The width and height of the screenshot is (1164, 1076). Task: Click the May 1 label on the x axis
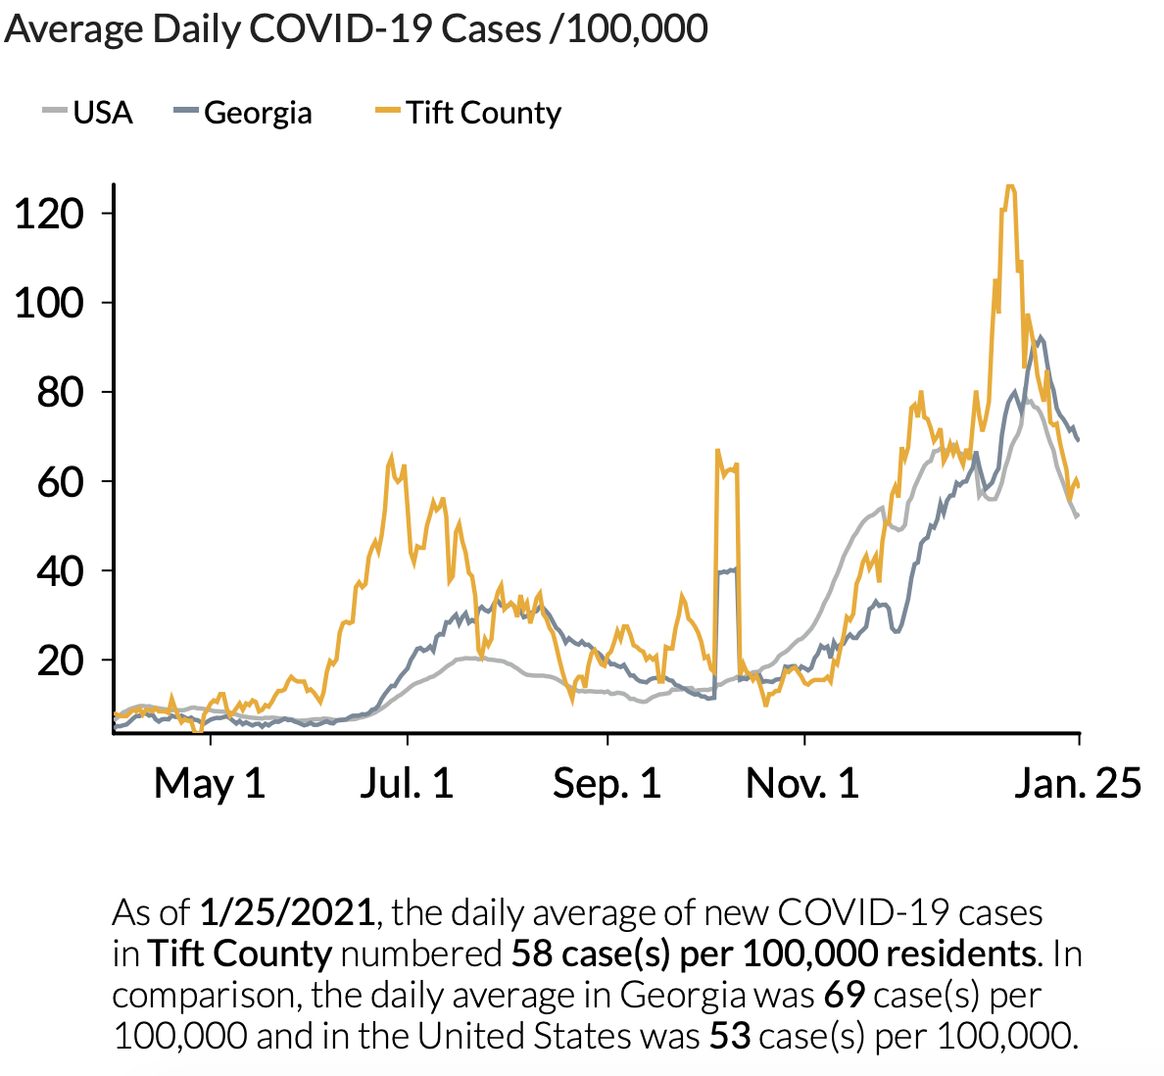coord(210,783)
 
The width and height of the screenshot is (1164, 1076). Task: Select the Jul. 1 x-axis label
coord(407,783)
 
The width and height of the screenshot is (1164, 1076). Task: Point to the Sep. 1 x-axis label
coord(606,783)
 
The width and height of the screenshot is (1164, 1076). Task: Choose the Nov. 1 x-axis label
coord(802,783)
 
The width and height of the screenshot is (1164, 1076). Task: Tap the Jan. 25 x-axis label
coord(1078,783)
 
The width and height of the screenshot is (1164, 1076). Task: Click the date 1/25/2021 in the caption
coord(286,912)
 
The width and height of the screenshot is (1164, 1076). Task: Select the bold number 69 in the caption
coord(844,995)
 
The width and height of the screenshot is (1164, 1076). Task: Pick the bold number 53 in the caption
coord(730,1036)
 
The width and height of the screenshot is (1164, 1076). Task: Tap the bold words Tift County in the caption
coord(240,954)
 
